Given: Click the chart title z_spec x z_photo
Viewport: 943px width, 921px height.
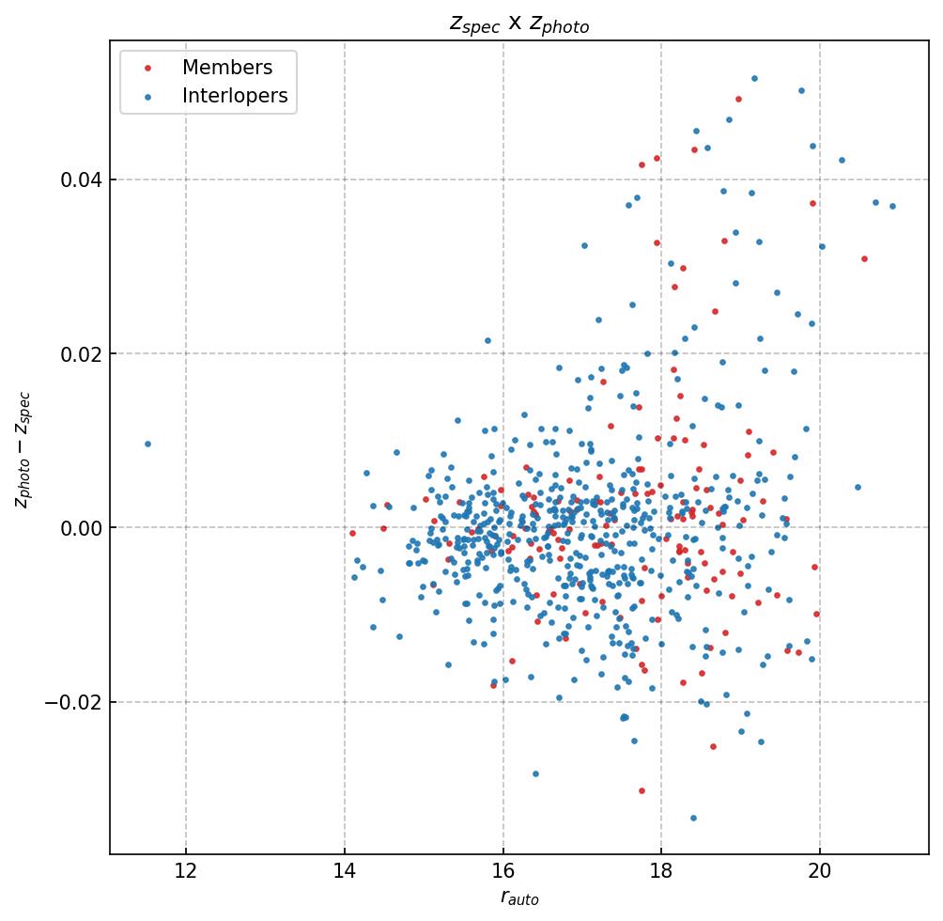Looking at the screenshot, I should coord(518,24).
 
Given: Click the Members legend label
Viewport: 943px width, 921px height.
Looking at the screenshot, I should coord(227,68).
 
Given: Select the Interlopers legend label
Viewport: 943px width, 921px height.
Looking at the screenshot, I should coord(235,96).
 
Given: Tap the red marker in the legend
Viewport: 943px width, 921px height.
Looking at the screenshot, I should coord(147,68).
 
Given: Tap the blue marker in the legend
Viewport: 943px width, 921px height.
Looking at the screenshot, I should coord(147,96).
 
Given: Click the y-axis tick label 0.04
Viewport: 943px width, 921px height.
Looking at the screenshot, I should coord(80,180).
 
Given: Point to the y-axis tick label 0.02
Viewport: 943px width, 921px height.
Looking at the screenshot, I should coord(80,353).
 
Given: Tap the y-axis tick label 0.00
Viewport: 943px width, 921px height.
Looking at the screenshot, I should coord(80,527).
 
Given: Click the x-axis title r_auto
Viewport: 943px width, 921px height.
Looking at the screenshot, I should coord(518,898).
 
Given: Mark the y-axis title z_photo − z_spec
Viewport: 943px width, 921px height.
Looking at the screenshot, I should coord(23,449).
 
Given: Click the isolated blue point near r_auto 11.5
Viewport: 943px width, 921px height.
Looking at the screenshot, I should coord(147,444).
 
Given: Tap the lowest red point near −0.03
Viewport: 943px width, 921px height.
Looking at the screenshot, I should coord(642,790).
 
